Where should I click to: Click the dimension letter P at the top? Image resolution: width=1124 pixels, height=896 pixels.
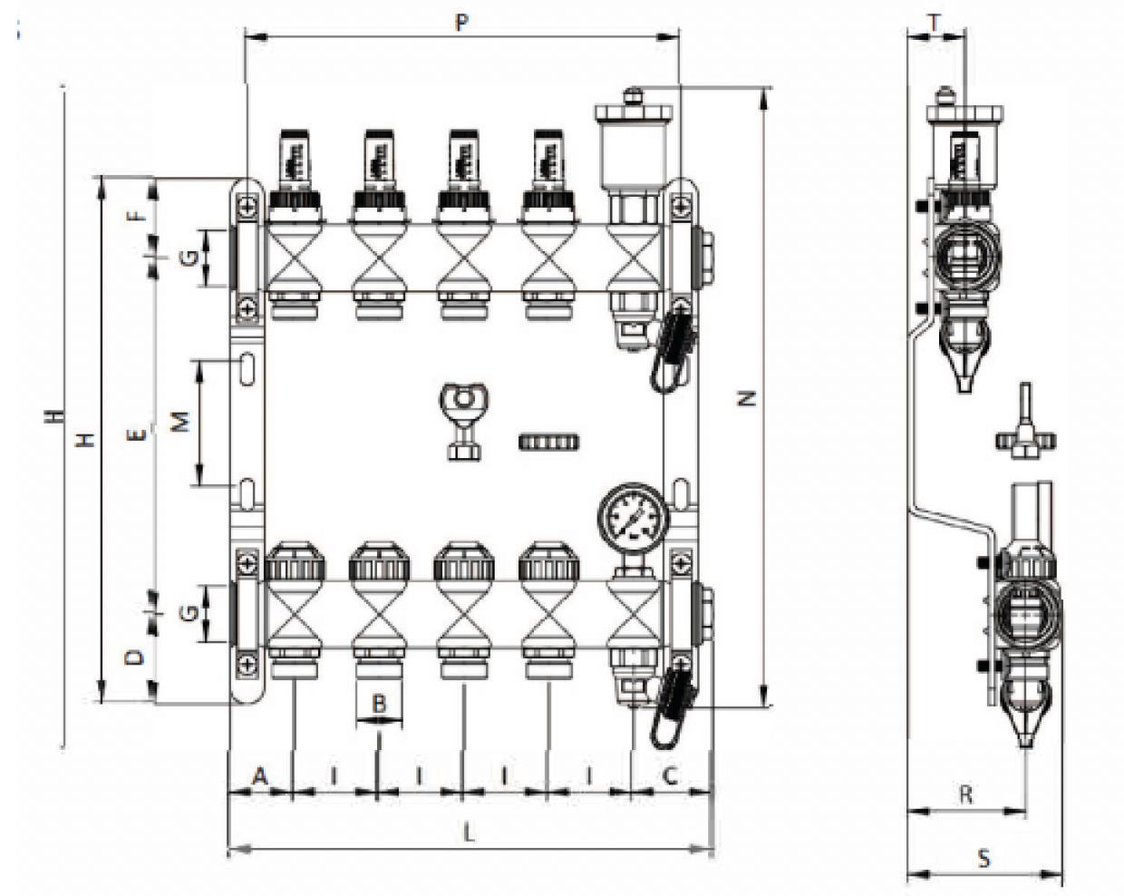click(461, 22)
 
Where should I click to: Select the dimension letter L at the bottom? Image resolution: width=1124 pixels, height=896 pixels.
click(469, 833)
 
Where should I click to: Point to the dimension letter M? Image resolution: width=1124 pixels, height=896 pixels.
click(181, 422)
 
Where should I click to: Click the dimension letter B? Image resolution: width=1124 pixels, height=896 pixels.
click(379, 703)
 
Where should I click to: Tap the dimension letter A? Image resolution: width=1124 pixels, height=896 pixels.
click(260, 776)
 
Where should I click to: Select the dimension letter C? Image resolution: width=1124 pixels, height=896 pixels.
click(670, 776)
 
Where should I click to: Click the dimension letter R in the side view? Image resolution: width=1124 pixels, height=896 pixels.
click(965, 795)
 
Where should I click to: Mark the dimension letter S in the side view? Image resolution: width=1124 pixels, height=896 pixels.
click(984, 858)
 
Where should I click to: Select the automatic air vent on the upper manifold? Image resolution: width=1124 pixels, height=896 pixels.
click(635, 136)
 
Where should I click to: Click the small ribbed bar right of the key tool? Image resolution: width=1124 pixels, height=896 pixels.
click(548, 443)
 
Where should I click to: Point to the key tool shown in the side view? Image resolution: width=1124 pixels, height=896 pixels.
click(1025, 426)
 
